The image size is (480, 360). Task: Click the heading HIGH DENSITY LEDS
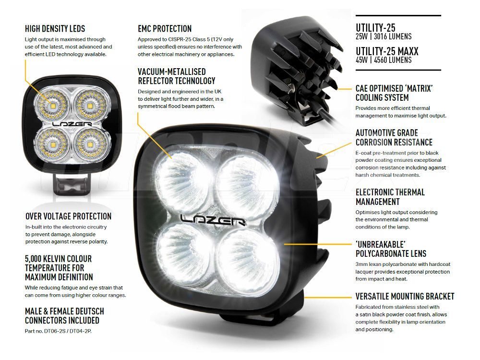[55, 29]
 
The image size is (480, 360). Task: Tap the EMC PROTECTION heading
[165, 29]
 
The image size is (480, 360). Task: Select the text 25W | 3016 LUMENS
[384, 36]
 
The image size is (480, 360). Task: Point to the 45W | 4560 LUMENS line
[384, 60]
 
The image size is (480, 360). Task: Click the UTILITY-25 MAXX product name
[387, 51]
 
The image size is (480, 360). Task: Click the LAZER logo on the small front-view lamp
[72, 124]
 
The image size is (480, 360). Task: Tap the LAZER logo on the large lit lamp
[213, 219]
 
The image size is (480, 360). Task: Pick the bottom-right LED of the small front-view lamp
[90, 144]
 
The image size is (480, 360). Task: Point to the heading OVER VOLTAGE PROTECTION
[68, 216]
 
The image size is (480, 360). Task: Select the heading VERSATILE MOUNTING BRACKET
[405, 296]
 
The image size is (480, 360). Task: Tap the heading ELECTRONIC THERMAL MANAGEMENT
[390, 197]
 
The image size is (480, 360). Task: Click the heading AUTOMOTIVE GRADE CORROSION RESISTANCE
[394, 137]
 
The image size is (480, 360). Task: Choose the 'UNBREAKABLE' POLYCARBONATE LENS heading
[391, 249]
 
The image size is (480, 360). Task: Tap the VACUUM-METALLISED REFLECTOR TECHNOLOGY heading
[177, 76]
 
